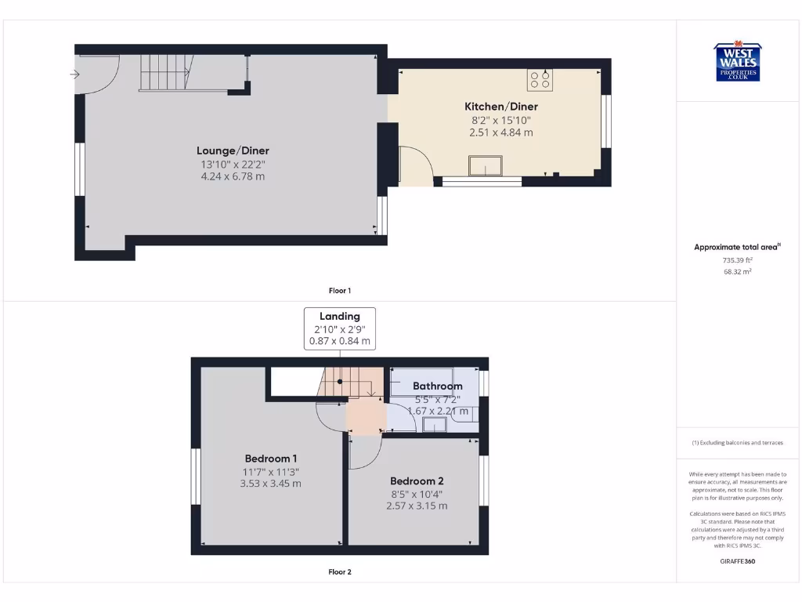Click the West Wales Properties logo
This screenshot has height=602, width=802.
737,62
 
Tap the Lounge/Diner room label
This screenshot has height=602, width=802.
233,150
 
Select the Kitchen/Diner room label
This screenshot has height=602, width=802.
501,107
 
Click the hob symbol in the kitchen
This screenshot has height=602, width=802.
540,79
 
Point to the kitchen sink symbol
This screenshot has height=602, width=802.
486,166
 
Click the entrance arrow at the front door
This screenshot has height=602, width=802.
74,75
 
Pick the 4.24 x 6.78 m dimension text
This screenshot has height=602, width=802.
233,177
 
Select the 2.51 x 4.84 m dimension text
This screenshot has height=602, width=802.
501,132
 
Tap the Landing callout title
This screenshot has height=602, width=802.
340,317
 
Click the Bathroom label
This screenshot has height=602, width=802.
438,386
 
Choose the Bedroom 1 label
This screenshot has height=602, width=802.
271,459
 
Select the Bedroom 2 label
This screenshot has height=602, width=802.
417,481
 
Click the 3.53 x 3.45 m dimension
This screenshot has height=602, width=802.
271,484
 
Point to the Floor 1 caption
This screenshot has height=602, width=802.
340,291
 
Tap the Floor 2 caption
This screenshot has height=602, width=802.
340,572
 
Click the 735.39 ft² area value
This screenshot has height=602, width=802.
737,259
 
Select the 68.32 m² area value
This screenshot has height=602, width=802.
737,271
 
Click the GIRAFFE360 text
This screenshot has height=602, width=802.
737,561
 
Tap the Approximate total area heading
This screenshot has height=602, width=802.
737,247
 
